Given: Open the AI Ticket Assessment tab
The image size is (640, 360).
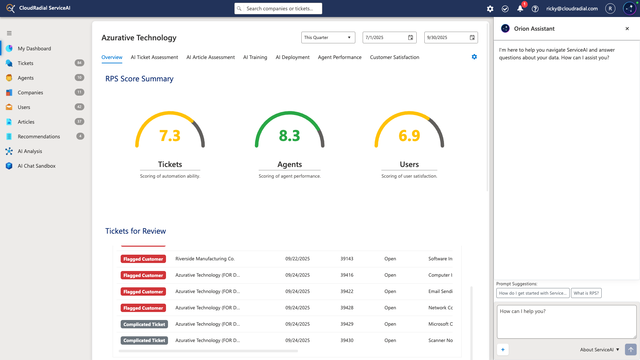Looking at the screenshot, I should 154,57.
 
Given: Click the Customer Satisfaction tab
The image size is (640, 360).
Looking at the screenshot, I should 394,57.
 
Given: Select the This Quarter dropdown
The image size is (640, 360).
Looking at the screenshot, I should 328,38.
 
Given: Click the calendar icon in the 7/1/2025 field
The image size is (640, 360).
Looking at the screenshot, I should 411,38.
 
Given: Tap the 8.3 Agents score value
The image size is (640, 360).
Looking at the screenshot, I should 289,136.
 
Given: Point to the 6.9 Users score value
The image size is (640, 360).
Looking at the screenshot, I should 409,136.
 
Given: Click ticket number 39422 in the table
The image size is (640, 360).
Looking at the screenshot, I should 347,291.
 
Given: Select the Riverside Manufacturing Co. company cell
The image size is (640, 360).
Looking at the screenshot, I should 205,259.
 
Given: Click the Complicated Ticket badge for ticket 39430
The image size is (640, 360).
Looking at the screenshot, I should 144,340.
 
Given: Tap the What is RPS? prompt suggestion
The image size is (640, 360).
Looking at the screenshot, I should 586,293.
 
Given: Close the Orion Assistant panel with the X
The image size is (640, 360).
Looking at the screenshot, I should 627,29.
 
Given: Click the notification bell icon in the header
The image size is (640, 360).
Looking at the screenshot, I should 520,9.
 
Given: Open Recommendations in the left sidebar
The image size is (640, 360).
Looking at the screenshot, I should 39,137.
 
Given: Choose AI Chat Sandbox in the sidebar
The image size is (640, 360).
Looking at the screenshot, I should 37,166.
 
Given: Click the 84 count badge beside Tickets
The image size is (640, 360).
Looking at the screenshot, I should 79,63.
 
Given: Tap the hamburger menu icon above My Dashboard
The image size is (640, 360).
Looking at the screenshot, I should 9,33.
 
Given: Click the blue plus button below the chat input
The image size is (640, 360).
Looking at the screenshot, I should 503,350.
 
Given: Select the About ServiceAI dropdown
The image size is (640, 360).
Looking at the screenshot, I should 599,350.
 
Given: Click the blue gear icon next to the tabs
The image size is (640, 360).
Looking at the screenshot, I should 474,57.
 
